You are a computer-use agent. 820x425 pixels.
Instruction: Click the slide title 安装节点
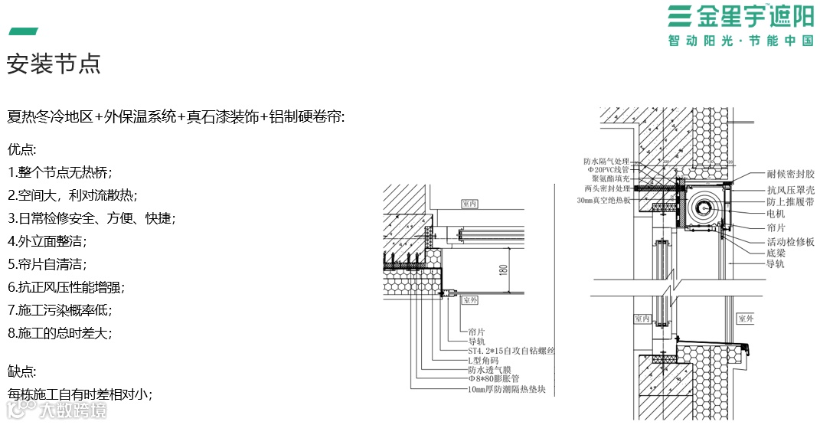54,64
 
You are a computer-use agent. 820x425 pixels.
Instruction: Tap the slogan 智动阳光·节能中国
740,41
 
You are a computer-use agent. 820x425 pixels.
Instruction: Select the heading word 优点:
22,149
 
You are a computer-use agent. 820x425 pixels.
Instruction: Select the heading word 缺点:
22,371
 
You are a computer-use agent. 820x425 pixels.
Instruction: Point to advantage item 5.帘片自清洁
47,264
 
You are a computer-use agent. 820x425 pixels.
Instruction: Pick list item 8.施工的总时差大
59,333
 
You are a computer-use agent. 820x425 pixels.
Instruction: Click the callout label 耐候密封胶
790,175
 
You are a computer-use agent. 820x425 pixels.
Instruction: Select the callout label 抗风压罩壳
790,189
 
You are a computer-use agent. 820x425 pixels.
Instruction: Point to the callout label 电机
775,214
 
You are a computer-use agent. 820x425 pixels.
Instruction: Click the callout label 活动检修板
790,241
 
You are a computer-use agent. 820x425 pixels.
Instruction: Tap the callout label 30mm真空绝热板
603,200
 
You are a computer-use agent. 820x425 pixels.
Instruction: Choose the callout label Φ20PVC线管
608,170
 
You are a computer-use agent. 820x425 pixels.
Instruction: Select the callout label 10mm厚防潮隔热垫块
507,388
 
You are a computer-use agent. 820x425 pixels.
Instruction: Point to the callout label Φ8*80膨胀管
494,378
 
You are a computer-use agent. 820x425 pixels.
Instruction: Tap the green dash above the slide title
23,31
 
